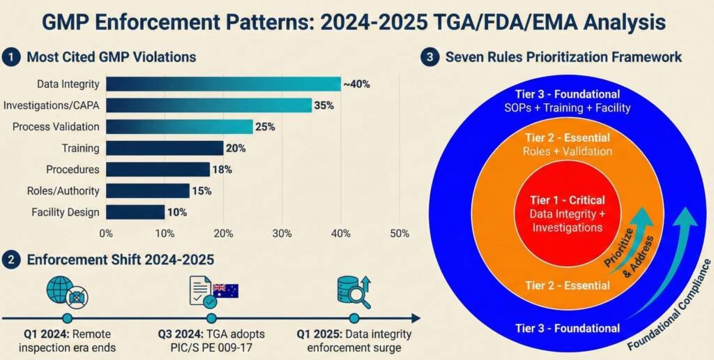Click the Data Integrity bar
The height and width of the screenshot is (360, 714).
[223, 84]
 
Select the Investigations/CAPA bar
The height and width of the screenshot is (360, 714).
[208, 105]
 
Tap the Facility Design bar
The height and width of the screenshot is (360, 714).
[135, 212]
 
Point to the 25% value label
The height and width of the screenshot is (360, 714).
[266, 127]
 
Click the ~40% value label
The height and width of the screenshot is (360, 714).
[356, 84]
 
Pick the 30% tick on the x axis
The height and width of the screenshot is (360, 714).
[282, 234]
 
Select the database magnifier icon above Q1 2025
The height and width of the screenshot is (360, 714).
[353, 290]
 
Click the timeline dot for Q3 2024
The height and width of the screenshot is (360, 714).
[211, 318]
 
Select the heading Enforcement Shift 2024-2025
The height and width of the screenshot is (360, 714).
[120, 260]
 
